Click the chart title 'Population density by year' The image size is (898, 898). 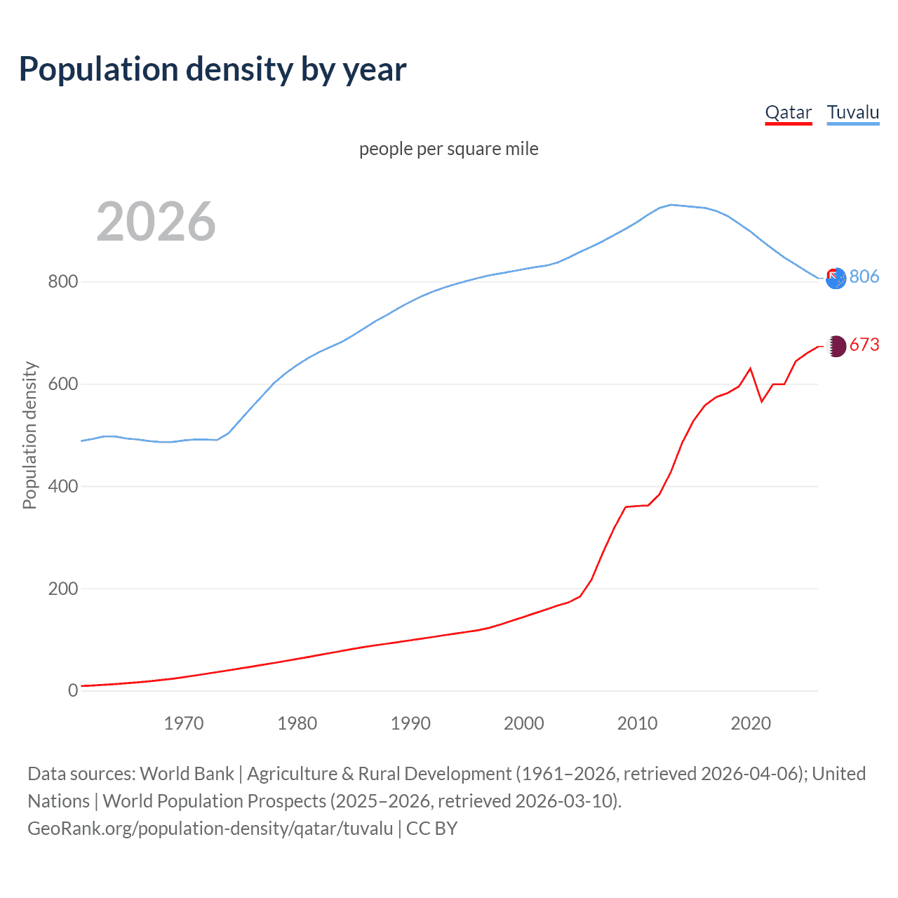tap(213, 69)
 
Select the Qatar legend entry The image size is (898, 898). tap(788, 112)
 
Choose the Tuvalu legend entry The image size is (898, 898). tap(852, 112)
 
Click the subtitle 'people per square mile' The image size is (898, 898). tap(449, 149)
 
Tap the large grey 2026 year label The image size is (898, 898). tap(156, 222)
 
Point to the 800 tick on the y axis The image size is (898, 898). tap(62, 282)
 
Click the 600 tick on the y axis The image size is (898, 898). tap(62, 384)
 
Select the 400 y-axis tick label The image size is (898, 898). tap(62, 486)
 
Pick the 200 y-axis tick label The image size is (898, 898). tap(62, 589)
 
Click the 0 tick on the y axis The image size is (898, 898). tap(73, 691)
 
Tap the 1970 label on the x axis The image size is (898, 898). tap(184, 723)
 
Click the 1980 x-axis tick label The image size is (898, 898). tap(297, 723)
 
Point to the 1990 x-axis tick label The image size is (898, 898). tap(410, 723)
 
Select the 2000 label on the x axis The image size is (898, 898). tap(524, 723)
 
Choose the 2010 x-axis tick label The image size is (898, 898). tap(637, 723)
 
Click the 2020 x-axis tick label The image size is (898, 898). tap(751, 723)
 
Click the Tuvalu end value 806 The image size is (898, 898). tap(864, 276)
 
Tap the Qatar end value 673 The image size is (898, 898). tap(864, 344)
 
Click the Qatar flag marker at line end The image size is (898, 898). tap(836, 346)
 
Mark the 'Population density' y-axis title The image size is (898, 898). tap(29, 435)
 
